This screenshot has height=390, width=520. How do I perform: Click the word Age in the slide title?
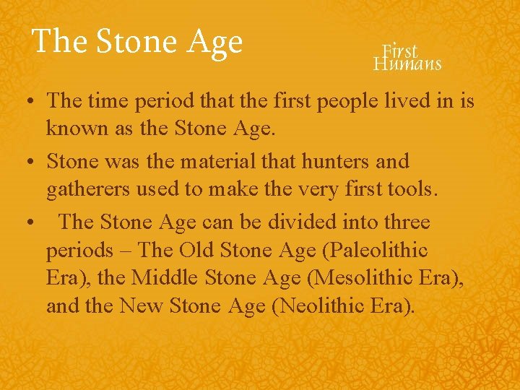click(214, 41)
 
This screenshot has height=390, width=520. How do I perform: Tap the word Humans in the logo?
click(407, 64)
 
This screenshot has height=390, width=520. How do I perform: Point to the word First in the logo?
click(400, 51)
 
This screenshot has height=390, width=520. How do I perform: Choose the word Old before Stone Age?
click(197, 251)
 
